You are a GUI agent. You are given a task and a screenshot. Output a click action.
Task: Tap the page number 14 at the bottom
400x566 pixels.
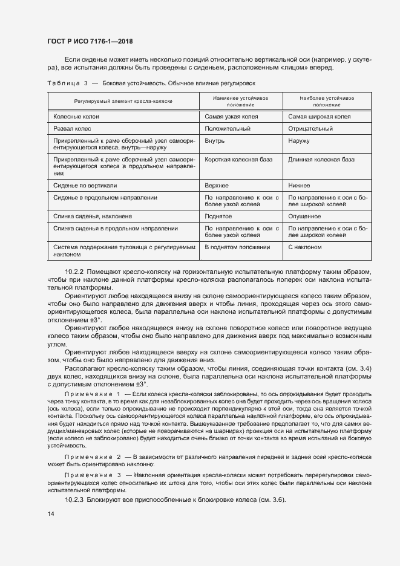tap(51, 513)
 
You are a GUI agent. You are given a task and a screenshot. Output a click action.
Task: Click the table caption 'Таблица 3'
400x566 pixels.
tap(68, 82)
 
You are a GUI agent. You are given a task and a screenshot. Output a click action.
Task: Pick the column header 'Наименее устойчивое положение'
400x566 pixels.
tap(240, 101)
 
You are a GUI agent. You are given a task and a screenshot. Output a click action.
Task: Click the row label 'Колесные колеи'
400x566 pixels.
tap(76, 116)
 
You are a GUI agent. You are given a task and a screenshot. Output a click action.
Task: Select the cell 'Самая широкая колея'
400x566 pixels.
tap(320, 116)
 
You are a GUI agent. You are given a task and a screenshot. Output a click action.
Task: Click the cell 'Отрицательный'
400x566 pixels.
tap(310, 128)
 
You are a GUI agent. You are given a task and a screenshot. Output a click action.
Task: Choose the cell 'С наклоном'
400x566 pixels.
tap(305, 247)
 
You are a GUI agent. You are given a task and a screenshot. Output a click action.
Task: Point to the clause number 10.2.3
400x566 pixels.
tap(74, 500)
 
